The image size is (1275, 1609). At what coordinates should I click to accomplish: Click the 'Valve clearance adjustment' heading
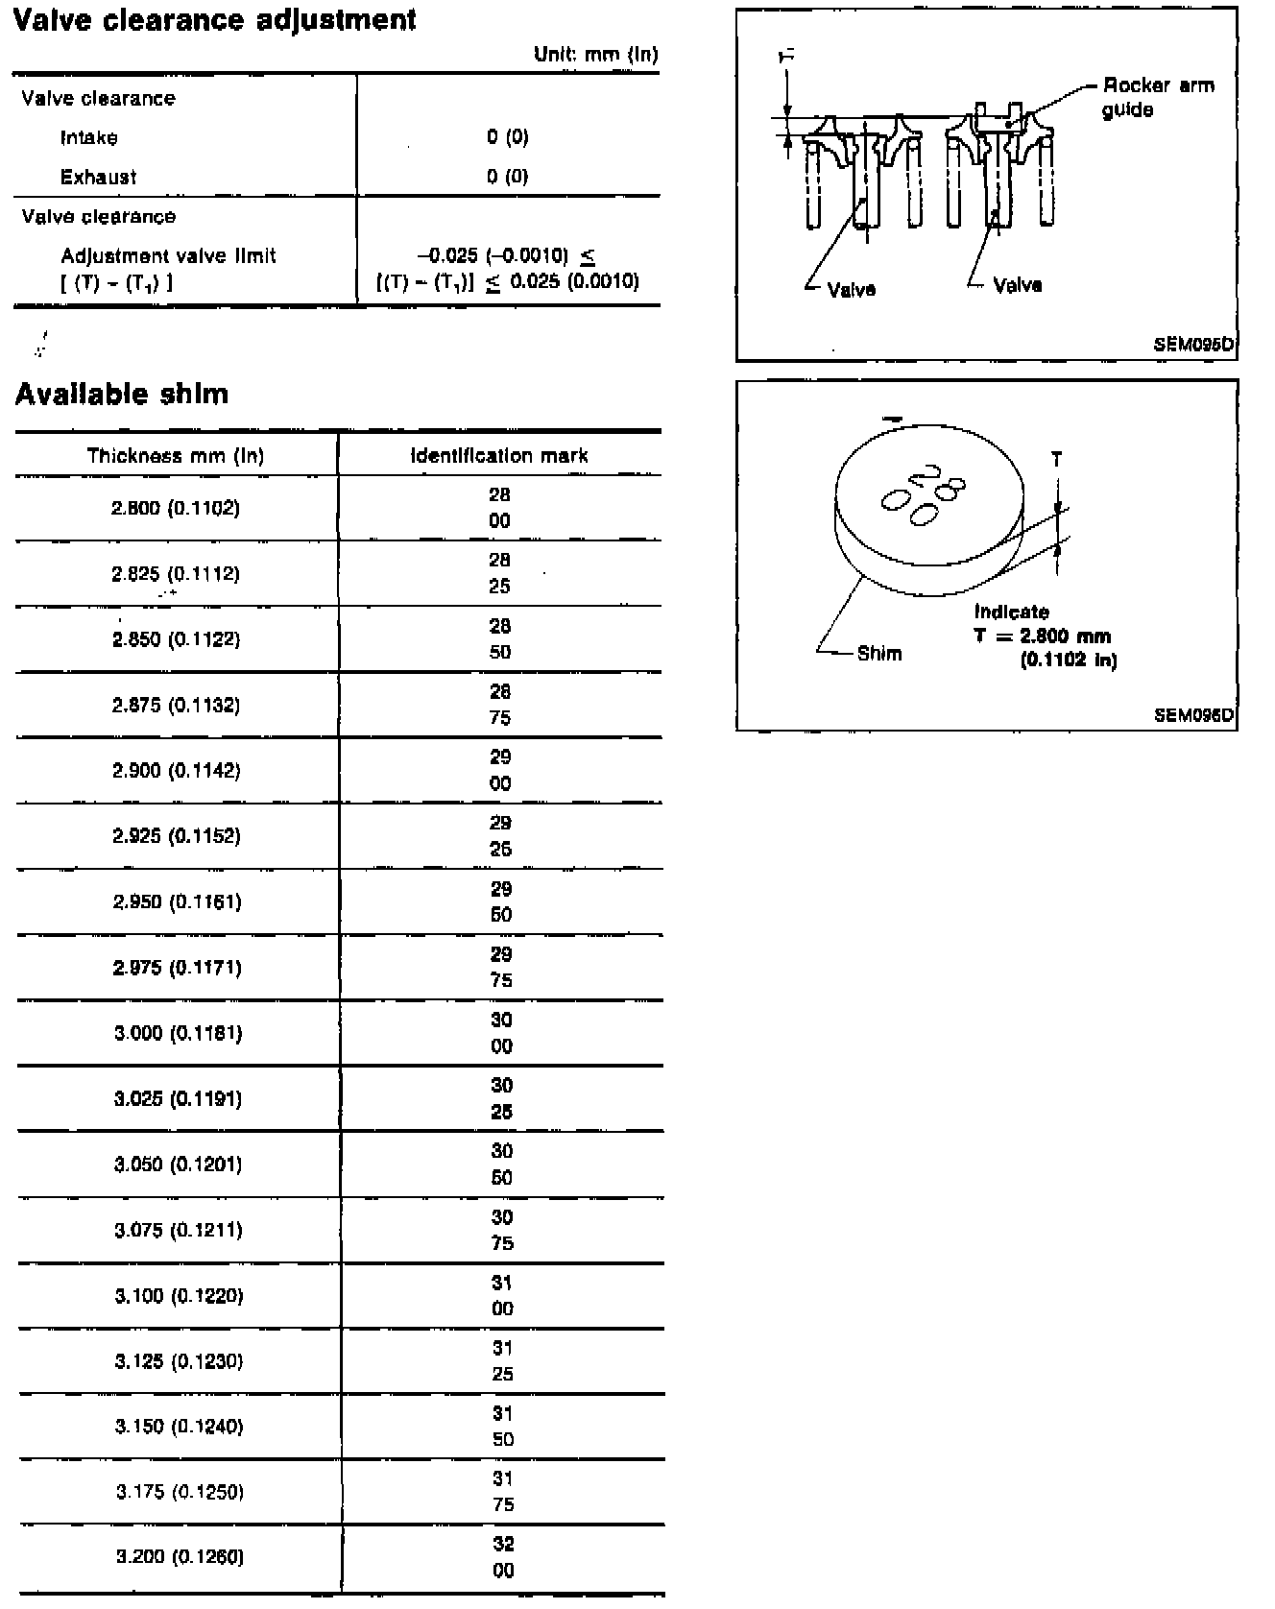(x=214, y=19)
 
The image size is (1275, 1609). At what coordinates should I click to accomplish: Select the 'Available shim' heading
(x=122, y=395)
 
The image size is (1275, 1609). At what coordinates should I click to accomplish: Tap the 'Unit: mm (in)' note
(x=595, y=55)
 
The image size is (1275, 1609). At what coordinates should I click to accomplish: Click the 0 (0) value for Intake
(x=507, y=137)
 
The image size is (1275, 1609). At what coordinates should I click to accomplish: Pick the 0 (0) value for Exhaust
(x=507, y=177)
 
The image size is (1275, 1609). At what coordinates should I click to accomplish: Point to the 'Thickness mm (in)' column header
(x=176, y=455)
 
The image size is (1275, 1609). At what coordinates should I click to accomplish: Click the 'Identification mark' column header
(x=499, y=455)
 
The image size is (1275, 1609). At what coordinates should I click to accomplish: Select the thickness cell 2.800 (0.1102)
(x=176, y=508)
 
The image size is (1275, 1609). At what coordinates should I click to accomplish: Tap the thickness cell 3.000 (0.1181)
(x=178, y=1033)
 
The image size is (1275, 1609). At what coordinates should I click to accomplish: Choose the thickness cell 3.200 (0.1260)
(x=180, y=1557)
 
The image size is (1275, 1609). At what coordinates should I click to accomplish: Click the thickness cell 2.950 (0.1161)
(x=177, y=901)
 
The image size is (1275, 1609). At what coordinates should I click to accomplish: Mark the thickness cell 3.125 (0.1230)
(x=179, y=1361)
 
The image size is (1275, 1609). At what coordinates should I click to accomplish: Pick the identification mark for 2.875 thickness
(x=500, y=705)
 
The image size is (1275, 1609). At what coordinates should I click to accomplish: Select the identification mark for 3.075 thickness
(x=502, y=1230)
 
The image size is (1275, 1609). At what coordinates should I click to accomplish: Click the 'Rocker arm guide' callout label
(x=1158, y=97)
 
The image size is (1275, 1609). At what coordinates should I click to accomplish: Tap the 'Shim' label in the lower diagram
(x=879, y=654)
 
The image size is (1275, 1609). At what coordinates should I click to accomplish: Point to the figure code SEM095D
(x=1193, y=344)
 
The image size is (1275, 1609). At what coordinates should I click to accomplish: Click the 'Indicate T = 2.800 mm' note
(x=1043, y=636)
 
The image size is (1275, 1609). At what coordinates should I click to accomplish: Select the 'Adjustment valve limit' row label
(x=168, y=256)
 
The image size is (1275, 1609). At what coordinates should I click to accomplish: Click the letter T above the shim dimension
(x=1057, y=460)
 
